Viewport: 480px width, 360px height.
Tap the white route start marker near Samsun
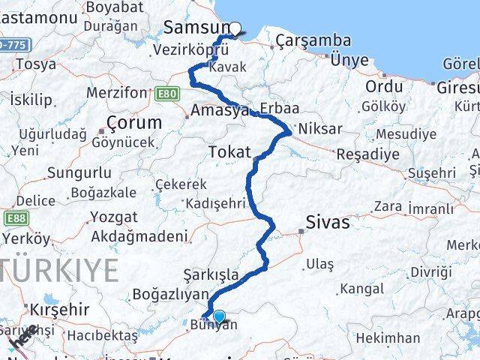click(x=235, y=29)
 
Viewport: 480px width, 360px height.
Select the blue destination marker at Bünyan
click(x=218, y=316)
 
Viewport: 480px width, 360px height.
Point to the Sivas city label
click(x=328, y=222)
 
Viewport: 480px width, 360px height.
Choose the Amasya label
click(x=220, y=111)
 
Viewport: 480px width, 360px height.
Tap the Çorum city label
click(x=134, y=122)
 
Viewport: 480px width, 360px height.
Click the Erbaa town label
click(x=274, y=107)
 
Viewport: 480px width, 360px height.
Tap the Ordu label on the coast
click(x=384, y=87)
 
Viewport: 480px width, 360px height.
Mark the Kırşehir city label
click(x=59, y=309)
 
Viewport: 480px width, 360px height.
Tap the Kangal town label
click(x=362, y=288)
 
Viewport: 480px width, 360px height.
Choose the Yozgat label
click(x=114, y=217)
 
